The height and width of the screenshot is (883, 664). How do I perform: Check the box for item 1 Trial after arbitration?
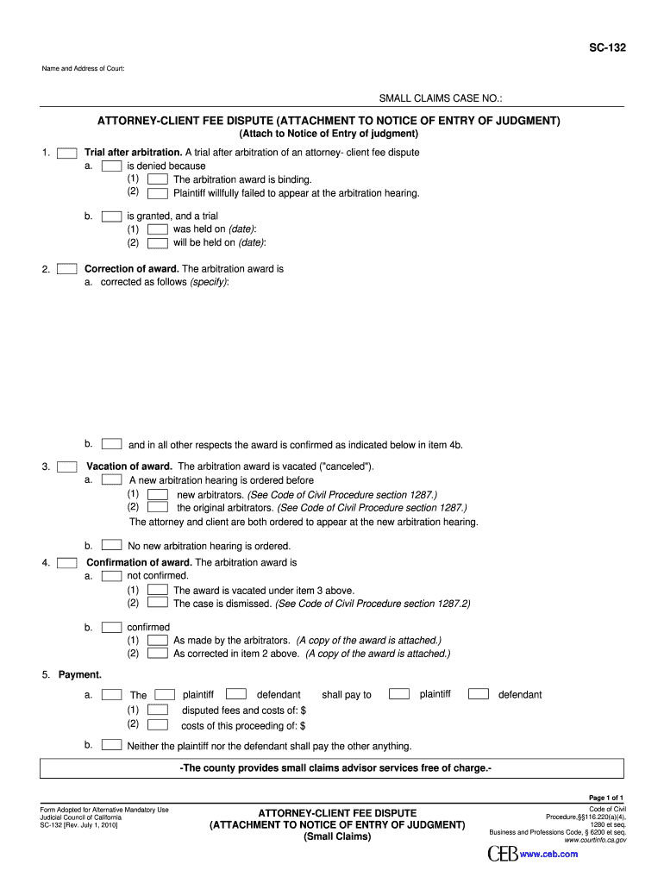pos(68,153)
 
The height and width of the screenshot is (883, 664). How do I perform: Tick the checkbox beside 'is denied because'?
pos(111,166)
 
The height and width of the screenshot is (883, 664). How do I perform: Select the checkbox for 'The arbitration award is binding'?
pos(158,179)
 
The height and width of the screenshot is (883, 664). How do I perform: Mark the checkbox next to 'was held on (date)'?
pos(158,229)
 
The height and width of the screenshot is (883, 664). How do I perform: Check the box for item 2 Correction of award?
pos(68,269)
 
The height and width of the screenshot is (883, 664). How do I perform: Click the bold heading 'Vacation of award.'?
pos(129,467)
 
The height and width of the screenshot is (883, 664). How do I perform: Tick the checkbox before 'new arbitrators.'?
pos(158,495)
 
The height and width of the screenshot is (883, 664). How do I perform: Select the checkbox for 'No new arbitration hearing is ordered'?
pos(111,546)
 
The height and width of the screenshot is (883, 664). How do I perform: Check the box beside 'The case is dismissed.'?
pos(158,604)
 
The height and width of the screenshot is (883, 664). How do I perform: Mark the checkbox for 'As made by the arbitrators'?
pos(158,641)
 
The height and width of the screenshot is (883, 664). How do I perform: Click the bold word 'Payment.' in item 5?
pos(80,674)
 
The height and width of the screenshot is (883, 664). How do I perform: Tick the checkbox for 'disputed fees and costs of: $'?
pos(158,711)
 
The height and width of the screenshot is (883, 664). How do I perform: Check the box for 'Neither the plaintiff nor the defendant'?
pos(111,745)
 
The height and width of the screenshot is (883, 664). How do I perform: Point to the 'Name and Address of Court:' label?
pos(83,68)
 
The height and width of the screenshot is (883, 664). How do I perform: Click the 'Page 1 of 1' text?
pos(605,798)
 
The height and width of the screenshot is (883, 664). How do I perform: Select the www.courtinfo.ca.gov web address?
pos(595,840)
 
